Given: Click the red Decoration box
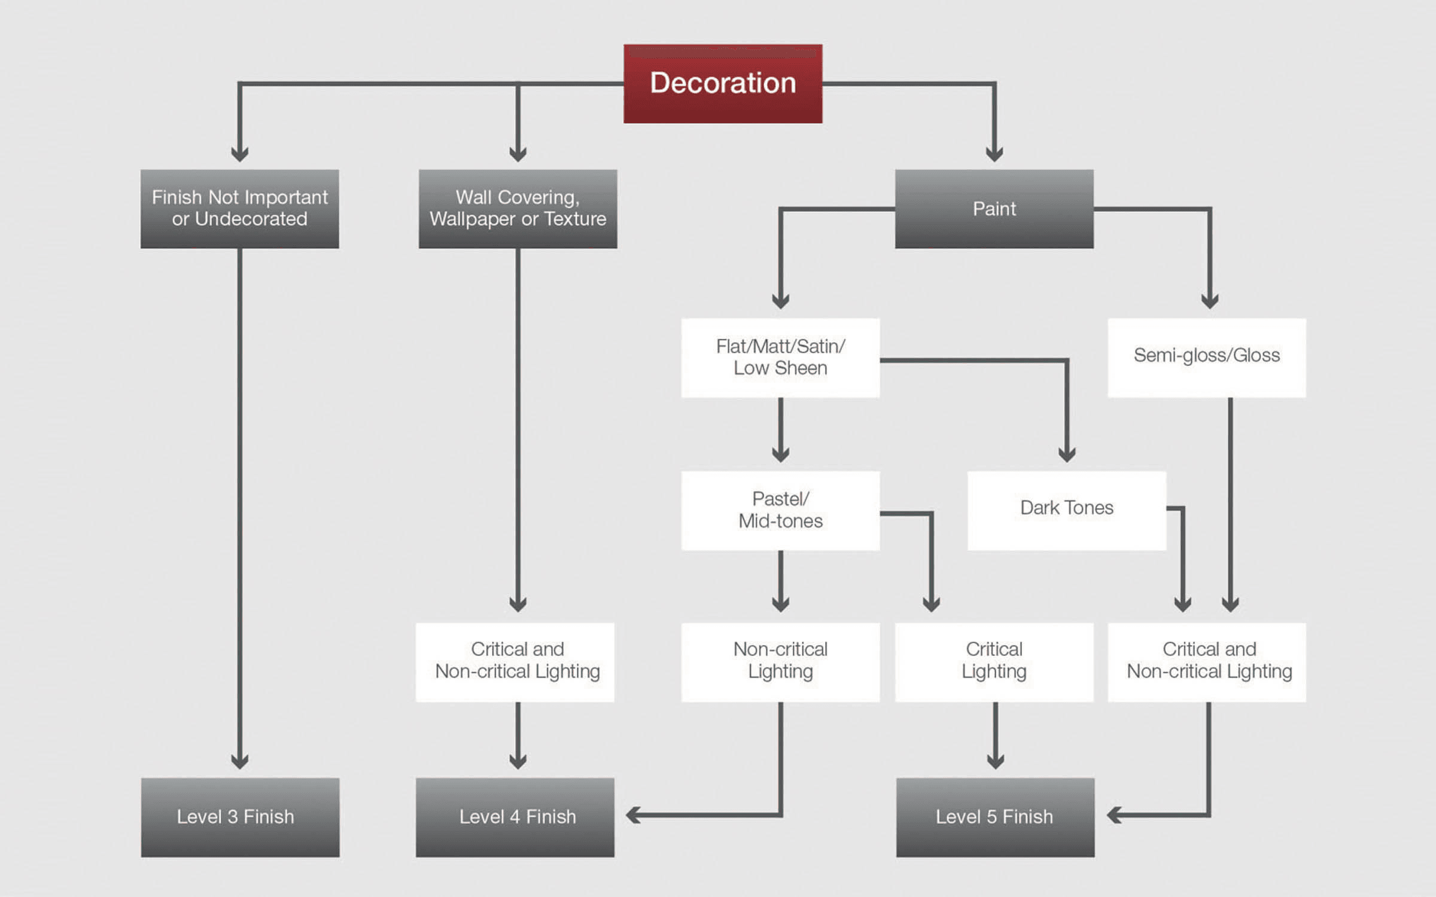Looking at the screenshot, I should [x=723, y=84].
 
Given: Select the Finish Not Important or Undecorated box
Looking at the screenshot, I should [x=239, y=209].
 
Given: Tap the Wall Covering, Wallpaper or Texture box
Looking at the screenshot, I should [x=518, y=209].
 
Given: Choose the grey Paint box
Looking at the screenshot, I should [x=994, y=209].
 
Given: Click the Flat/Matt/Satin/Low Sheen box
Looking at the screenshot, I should [x=780, y=358].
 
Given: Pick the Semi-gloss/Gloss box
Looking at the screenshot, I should [x=1206, y=358].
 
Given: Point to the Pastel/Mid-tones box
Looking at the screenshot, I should [x=780, y=510].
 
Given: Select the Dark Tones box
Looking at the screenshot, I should [x=1066, y=510].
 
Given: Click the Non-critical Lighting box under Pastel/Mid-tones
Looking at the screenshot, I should [x=780, y=662].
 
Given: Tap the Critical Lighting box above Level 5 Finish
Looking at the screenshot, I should [x=994, y=662].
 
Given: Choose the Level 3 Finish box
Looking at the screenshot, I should [x=240, y=817].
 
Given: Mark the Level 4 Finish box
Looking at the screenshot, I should [x=515, y=817].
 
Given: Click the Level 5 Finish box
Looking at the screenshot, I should [x=995, y=817].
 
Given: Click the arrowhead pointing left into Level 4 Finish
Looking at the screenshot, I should [x=633, y=814].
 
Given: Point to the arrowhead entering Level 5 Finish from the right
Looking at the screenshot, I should [x=1113, y=814].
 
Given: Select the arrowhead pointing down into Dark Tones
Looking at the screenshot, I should [x=1067, y=454].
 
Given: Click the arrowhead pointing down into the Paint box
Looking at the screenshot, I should [x=994, y=154].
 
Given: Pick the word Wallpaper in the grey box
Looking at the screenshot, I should [x=473, y=219].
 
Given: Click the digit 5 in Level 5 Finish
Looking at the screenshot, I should [x=991, y=817].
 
